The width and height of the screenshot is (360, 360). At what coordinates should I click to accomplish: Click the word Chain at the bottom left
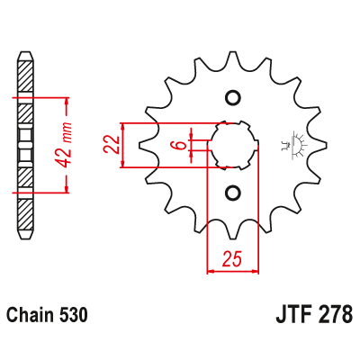tap(27, 317)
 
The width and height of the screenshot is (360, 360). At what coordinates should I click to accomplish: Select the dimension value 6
tap(180, 144)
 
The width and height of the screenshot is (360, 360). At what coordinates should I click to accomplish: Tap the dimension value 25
tap(231, 260)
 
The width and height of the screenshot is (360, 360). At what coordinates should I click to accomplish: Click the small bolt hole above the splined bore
tap(232, 98)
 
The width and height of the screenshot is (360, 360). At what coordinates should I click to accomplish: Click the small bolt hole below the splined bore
tap(232, 193)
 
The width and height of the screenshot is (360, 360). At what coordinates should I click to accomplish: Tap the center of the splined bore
tap(232, 145)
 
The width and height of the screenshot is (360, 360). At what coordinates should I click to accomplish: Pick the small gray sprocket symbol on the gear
tap(293, 144)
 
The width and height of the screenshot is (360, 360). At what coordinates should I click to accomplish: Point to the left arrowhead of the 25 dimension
tap(212, 269)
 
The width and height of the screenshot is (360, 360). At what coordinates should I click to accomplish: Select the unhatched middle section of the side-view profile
tap(26, 143)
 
